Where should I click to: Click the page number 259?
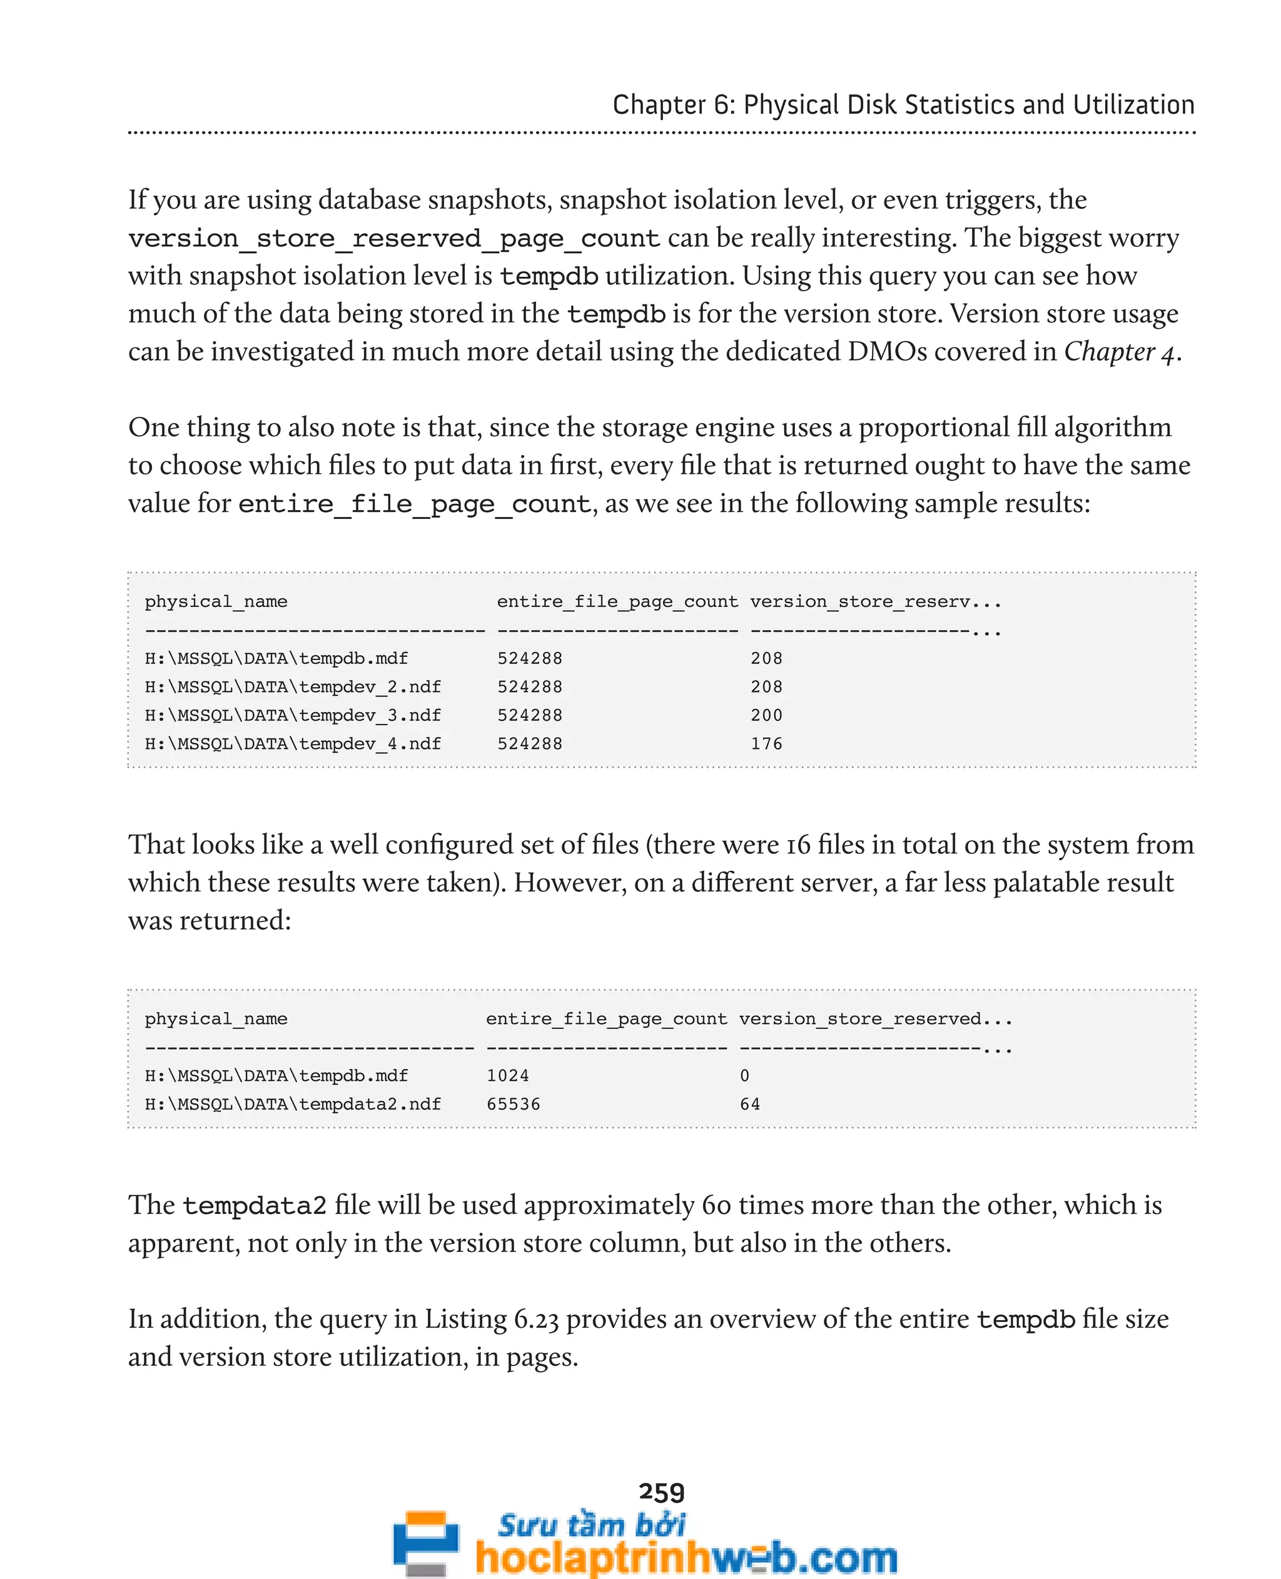coord(661,1492)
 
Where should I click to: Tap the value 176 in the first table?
coord(766,743)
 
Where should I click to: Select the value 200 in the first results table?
coord(766,714)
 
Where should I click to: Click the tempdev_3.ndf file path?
coord(292,714)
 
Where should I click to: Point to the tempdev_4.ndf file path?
coord(292,743)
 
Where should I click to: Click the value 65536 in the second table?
coord(513,1104)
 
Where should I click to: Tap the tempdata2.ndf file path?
coord(292,1104)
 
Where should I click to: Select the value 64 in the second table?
coord(750,1104)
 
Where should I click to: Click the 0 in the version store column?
coord(744,1075)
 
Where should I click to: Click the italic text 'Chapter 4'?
coord(1118,352)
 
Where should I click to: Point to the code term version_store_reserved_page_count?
coord(393,239)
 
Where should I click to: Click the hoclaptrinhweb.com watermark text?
coord(686,1557)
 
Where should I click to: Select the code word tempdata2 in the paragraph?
coord(254,1205)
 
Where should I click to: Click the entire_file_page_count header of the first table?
coord(617,601)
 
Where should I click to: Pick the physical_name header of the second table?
coord(215,1018)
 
